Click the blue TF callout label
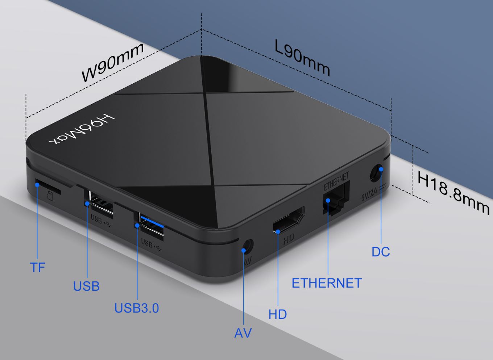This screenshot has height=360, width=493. tap(37, 267)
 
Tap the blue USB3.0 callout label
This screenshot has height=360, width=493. tap(137, 308)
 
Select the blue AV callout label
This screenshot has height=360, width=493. tap(243, 333)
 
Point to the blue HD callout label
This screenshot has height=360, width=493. tap(278, 314)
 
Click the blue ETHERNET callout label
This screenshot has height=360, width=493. tap(327, 283)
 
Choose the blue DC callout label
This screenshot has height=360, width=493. tap(381, 252)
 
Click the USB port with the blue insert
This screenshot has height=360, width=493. tap(151, 228)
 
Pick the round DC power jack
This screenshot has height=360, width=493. tap(377, 173)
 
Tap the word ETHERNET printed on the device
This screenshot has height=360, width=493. tap(336, 181)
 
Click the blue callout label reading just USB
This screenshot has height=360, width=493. tap(86, 286)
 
